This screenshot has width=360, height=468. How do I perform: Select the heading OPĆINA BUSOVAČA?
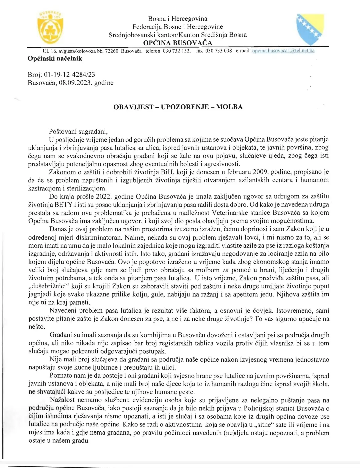[x=177, y=43]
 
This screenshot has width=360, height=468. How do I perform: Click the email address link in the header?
[x=283, y=51]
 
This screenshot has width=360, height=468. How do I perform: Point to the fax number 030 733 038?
[x=218, y=51]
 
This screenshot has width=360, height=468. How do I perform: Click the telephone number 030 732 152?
[x=177, y=51]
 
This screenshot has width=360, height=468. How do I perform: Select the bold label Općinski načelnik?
[x=55, y=59]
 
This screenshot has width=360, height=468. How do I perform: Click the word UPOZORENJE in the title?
[x=185, y=107]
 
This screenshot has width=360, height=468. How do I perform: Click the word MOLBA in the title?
[x=229, y=107]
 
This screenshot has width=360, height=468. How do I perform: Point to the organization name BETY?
[x=63, y=204]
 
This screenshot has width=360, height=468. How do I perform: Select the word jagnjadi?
[x=41, y=294]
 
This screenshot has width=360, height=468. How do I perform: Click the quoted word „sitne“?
[x=263, y=425]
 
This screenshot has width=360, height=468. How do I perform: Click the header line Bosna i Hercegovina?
[x=177, y=19]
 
